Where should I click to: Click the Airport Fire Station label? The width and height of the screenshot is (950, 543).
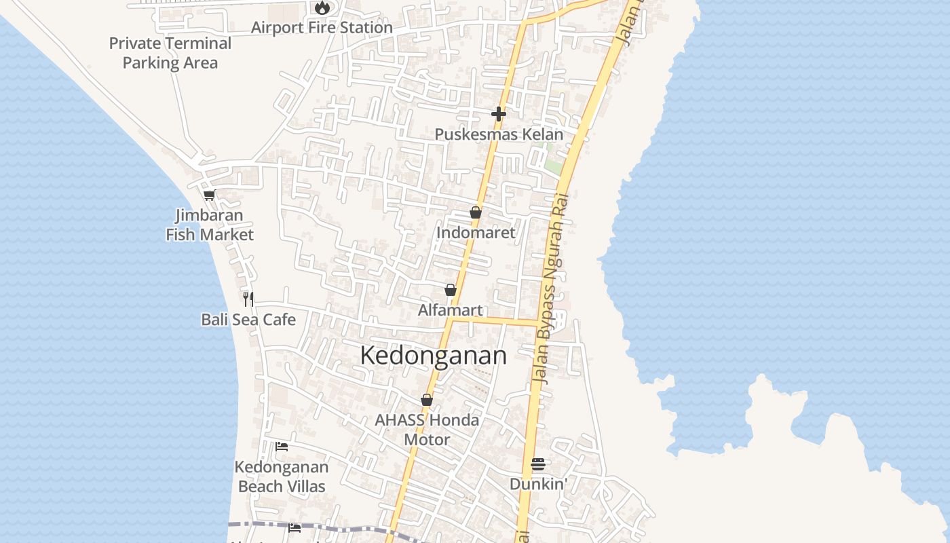pos(322,28)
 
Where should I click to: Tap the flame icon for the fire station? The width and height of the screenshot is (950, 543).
pos(322,8)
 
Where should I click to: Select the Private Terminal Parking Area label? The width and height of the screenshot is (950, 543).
pos(170,53)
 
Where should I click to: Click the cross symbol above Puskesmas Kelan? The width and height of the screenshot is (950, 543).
pos(499,114)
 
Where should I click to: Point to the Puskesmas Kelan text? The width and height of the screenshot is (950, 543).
pos(499,134)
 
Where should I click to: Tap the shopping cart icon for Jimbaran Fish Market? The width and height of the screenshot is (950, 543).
pos(209,195)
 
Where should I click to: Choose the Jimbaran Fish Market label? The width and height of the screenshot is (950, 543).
pos(210,225)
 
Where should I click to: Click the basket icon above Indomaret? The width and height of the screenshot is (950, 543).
pos(476,213)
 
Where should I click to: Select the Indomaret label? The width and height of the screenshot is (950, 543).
pos(476,233)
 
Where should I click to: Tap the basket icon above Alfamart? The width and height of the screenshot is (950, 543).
pos(451,291)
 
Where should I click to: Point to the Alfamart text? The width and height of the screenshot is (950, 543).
pos(451,310)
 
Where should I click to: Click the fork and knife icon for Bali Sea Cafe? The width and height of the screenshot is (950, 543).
pos(248,299)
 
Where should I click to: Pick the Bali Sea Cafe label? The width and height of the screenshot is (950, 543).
pos(248,319)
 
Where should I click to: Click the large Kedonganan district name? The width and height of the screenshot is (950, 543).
pos(433,356)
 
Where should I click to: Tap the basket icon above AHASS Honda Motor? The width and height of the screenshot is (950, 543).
pos(427,400)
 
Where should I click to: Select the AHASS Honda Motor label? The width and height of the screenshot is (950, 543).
pos(427,430)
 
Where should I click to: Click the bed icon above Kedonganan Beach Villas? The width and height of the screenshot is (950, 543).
pos(282,447)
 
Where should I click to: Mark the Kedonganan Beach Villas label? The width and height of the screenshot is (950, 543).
pos(282,476)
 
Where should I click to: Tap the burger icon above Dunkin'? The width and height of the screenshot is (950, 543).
pos(538,464)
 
